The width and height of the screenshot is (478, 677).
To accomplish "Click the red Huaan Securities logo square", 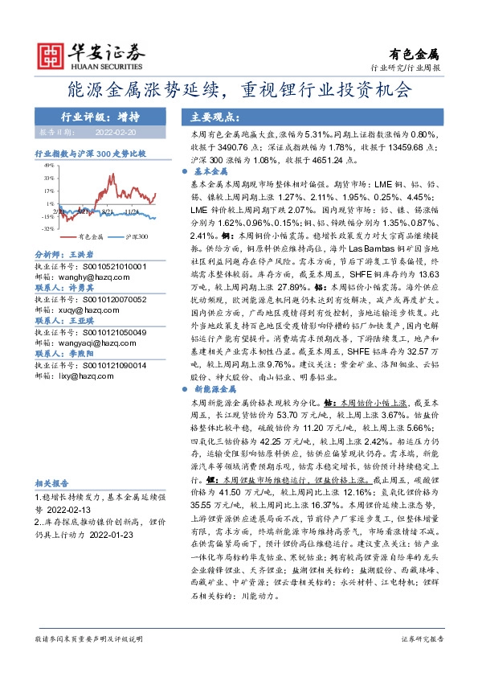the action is click(x=54, y=54).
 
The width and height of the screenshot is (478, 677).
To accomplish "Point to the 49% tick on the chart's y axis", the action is click(x=48, y=164).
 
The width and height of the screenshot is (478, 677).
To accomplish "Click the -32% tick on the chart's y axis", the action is click(x=48, y=228).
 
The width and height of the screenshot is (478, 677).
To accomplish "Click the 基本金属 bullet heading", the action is click(x=212, y=172).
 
